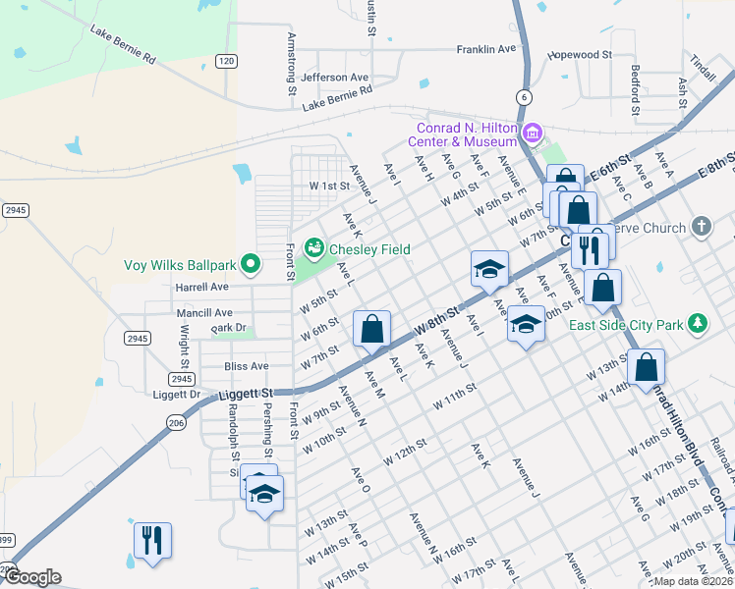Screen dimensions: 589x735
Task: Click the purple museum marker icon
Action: coord(533,132)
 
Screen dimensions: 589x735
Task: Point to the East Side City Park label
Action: coord(626,325)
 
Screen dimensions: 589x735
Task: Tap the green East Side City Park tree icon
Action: coord(698,322)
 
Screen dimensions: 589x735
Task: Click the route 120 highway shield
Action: coord(227,61)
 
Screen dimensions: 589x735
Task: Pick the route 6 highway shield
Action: coord(525,96)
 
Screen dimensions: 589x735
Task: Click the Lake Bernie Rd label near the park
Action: coord(123,45)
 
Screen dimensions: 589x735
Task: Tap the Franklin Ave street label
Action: coord(486,48)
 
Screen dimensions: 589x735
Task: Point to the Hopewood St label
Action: coord(581,57)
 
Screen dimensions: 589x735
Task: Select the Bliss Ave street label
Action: coord(246,366)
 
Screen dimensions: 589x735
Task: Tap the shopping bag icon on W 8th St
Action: coord(372,329)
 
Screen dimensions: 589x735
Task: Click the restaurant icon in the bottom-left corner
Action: coord(152,539)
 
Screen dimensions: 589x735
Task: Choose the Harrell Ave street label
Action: coord(201,288)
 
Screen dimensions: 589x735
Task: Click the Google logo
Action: coord(32,577)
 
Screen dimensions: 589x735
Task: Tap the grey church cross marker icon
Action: coord(701,228)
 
